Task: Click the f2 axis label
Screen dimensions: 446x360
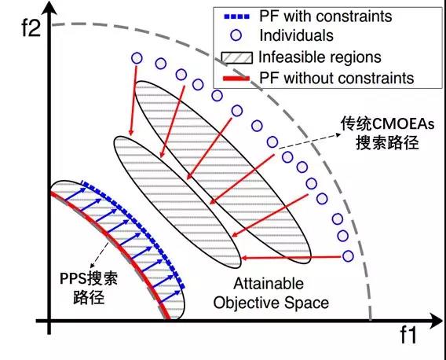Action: point(31,27)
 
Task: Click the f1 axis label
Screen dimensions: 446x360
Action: point(408,335)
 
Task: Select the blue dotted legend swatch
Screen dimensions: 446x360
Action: point(236,17)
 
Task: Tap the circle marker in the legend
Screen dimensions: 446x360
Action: point(236,35)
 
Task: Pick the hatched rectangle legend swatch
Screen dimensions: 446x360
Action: point(236,57)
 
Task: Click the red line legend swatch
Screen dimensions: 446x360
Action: point(236,79)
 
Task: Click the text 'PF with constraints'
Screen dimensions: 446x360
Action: point(326,16)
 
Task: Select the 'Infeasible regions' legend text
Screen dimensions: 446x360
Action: point(320,57)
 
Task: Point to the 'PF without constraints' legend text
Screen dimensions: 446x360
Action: point(337,78)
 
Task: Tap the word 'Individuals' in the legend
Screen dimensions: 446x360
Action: point(296,35)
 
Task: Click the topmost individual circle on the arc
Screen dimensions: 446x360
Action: point(137,58)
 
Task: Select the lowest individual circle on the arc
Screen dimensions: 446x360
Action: point(348,256)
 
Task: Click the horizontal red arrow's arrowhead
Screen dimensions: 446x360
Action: point(244,259)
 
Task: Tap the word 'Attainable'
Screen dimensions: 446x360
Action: point(269,284)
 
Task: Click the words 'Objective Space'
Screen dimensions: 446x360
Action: point(271,303)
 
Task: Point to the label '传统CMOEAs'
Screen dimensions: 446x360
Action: point(387,124)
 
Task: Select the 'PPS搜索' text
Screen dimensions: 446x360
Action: point(89,278)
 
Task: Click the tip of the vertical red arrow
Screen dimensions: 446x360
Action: point(131,135)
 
